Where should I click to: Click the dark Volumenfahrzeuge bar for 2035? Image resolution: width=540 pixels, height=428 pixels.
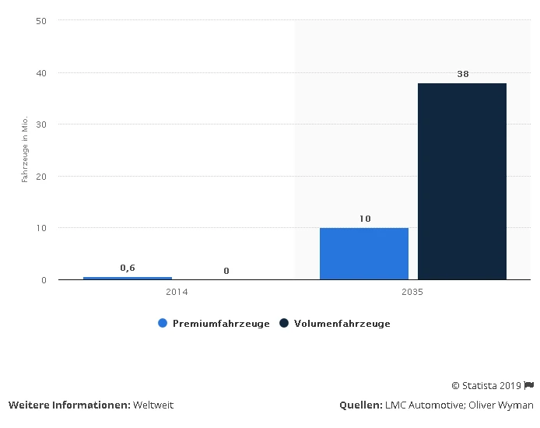(462, 181)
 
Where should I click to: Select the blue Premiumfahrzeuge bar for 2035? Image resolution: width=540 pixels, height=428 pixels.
(364, 253)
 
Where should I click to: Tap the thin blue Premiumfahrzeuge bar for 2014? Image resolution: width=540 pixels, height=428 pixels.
(128, 278)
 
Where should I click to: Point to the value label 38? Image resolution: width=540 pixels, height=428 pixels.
(462, 74)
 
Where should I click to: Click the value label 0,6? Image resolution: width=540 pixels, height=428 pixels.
(128, 268)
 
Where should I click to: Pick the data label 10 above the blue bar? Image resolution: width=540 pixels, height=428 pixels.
(364, 219)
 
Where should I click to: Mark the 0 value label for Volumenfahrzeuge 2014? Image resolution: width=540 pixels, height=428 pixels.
(226, 271)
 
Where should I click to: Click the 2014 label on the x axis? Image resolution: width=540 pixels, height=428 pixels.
(177, 293)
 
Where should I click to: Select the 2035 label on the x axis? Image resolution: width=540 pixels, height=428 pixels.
(413, 293)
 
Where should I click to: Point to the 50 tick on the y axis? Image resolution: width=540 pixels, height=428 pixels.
(41, 21)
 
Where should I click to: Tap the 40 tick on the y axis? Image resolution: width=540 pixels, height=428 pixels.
(41, 73)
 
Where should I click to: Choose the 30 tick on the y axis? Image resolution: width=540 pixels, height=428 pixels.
(41, 125)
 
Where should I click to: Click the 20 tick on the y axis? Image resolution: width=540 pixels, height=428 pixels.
(41, 177)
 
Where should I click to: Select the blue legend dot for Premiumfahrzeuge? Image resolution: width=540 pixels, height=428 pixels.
(163, 324)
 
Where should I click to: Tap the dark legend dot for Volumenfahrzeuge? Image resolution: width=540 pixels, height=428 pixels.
(284, 324)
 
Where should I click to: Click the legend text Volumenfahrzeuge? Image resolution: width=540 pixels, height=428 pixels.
(342, 324)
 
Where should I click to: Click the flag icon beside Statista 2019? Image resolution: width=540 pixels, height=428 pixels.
(529, 385)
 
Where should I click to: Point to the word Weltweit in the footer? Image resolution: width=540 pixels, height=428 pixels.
(153, 405)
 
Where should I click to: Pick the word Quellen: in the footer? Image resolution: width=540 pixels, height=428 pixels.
(359, 405)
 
